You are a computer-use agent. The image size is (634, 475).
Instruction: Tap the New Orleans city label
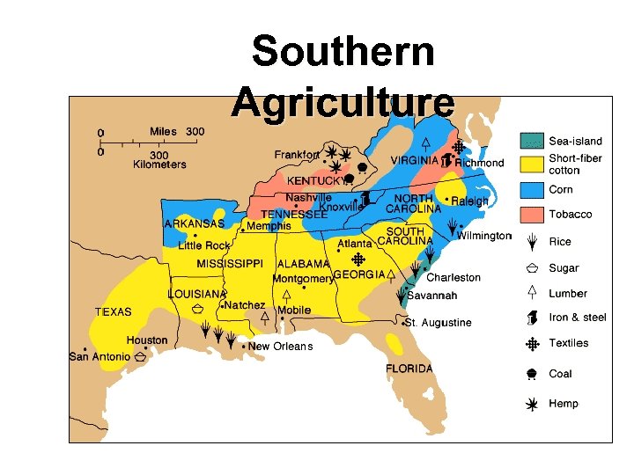tap(280, 347)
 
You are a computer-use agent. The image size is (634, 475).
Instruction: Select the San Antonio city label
tap(100, 356)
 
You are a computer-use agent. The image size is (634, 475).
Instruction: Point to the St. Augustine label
tap(439, 323)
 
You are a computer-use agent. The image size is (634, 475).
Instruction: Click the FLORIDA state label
tap(409, 369)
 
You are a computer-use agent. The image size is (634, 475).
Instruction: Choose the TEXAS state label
tap(113, 311)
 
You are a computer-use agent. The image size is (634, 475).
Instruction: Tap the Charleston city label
tap(453, 277)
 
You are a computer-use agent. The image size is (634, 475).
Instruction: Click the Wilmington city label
tap(483, 236)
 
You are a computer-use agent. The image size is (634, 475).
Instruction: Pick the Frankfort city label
tap(297, 155)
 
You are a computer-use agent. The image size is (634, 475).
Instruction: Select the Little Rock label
tap(203, 245)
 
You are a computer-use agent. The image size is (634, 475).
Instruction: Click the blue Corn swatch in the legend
tap(532, 189)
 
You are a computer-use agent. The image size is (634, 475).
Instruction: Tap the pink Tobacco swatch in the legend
tap(532, 215)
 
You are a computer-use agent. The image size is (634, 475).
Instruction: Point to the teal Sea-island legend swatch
tap(532, 140)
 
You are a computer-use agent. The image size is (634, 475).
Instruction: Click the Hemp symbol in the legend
tap(532, 404)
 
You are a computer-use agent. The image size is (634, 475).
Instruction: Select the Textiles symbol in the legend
tap(532, 344)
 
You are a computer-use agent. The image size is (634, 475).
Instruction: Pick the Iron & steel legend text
tap(577, 318)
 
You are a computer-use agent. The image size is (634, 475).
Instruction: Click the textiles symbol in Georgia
tap(358, 259)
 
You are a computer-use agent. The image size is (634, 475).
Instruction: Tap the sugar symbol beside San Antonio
tap(140, 357)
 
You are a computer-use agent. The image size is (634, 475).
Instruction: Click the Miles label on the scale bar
tap(163, 132)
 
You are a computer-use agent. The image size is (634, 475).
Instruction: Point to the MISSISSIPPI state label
tap(231, 264)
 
